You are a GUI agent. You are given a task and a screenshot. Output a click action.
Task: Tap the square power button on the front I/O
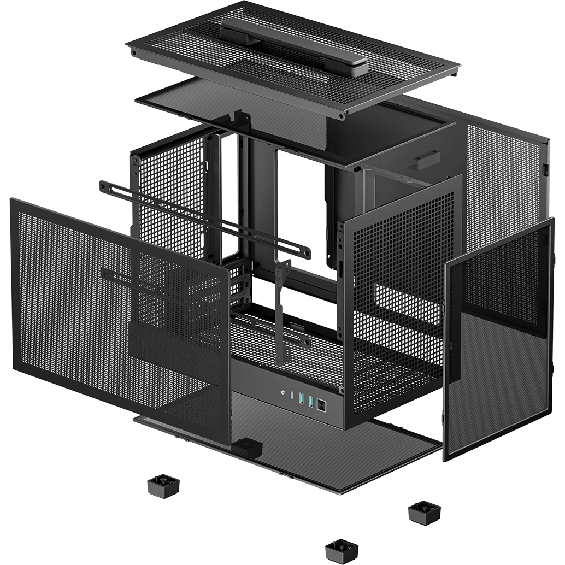click(x=322, y=405)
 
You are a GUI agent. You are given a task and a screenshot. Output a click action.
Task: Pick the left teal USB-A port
click(x=302, y=399)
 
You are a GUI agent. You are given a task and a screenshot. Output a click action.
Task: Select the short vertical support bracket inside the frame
click(x=281, y=311)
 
